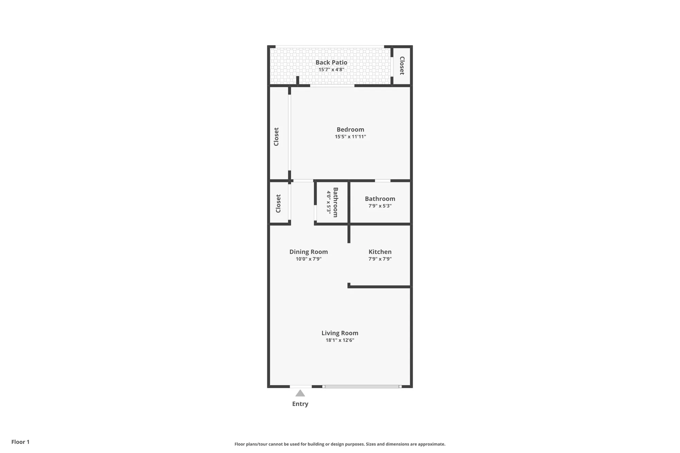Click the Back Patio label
(331, 62)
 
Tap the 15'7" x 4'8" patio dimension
(331, 70)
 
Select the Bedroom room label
(350, 129)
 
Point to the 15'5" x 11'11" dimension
(350, 137)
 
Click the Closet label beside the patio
(402, 66)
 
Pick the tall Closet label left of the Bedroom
(276, 137)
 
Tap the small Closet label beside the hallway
(278, 204)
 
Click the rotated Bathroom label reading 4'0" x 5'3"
(335, 202)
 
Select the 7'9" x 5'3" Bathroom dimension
(380, 206)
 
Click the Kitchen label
(380, 252)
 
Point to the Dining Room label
(308, 252)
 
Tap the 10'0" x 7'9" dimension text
(308, 259)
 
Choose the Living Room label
(340, 333)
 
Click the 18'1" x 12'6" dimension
(340, 340)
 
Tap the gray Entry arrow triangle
(300, 394)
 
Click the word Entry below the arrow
(300, 404)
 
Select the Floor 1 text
(20, 442)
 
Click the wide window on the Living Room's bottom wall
(362, 386)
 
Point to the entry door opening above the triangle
(301, 386)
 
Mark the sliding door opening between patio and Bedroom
(332, 86)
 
